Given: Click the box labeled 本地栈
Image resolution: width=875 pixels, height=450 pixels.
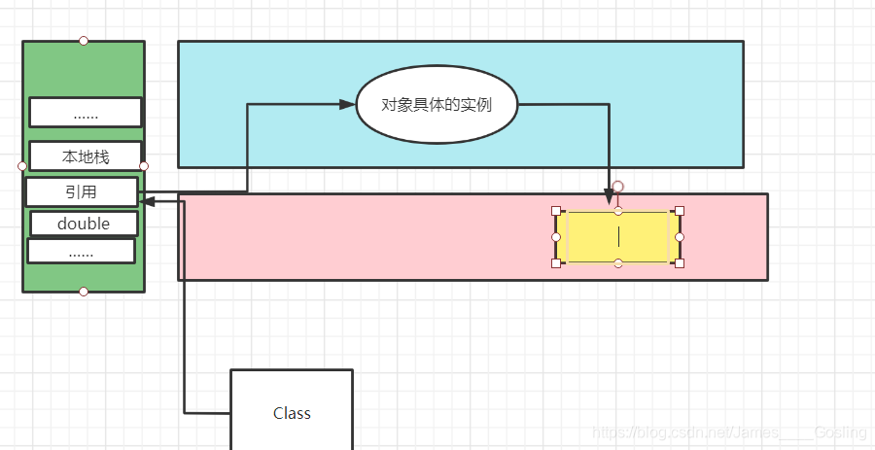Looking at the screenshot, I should pyautogui.click(x=86, y=156).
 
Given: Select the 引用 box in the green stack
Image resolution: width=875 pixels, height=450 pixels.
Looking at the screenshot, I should pyautogui.click(x=82, y=191).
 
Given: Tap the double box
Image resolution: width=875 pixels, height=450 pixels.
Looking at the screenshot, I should pyautogui.click(x=84, y=224).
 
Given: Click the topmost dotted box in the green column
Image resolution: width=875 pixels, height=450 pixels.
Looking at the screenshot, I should pyautogui.click(x=86, y=113).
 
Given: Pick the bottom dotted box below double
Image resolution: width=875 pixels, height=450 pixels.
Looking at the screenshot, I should pyautogui.click(x=81, y=251).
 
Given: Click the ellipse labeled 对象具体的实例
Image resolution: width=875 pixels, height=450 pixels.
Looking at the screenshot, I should pyautogui.click(x=437, y=105).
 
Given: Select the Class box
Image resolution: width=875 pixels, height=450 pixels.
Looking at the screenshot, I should pyautogui.click(x=292, y=412).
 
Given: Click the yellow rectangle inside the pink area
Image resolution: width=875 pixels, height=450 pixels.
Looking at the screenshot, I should pyautogui.click(x=593, y=237).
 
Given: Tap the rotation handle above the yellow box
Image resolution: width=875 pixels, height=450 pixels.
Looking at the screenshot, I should pyautogui.click(x=617, y=186).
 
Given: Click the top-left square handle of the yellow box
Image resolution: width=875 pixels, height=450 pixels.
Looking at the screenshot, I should pyautogui.click(x=556, y=211).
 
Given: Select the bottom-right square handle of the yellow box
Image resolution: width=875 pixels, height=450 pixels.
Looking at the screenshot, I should pyautogui.click(x=680, y=263).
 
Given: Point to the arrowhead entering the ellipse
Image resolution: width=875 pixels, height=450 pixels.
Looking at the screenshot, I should pyautogui.click(x=348, y=104).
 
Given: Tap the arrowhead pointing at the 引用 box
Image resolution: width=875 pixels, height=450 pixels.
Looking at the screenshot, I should pyautogui.click(x=147, y=201).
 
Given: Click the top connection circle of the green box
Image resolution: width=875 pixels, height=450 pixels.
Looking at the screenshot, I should pyautogui.click(x=84, y=41).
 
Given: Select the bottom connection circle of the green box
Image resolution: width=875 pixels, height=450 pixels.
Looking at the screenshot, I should pyautogui.click(x=84, y=292).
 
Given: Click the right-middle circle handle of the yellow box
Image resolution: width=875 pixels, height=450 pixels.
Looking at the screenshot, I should pyautogui.click(x=680, y=237).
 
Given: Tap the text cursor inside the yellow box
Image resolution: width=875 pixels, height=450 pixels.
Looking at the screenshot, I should pyautogui.click(x=618, y=237).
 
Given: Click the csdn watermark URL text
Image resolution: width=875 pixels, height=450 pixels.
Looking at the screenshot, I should pyautogui.click(x=729, y=432).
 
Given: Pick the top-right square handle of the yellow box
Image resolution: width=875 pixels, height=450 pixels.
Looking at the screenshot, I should pyautogui.click(x=680, y=211).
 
